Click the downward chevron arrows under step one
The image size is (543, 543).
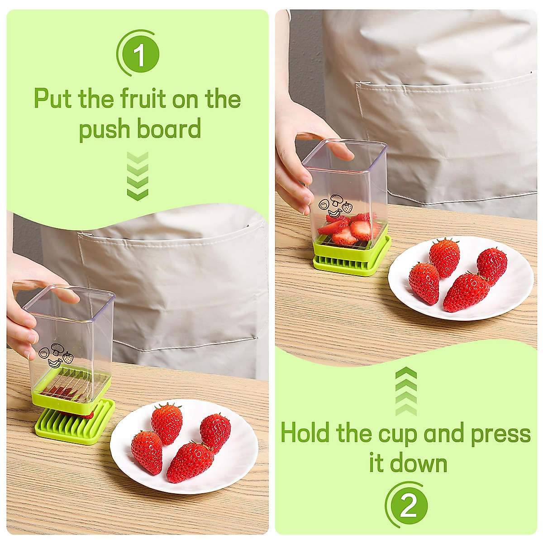138,176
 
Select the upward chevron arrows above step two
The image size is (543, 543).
406,392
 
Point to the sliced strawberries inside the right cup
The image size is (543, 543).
348,229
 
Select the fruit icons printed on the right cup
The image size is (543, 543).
335,206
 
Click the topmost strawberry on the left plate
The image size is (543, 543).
167,423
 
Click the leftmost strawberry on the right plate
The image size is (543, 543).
424,283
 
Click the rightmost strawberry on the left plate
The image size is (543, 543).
215,432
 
